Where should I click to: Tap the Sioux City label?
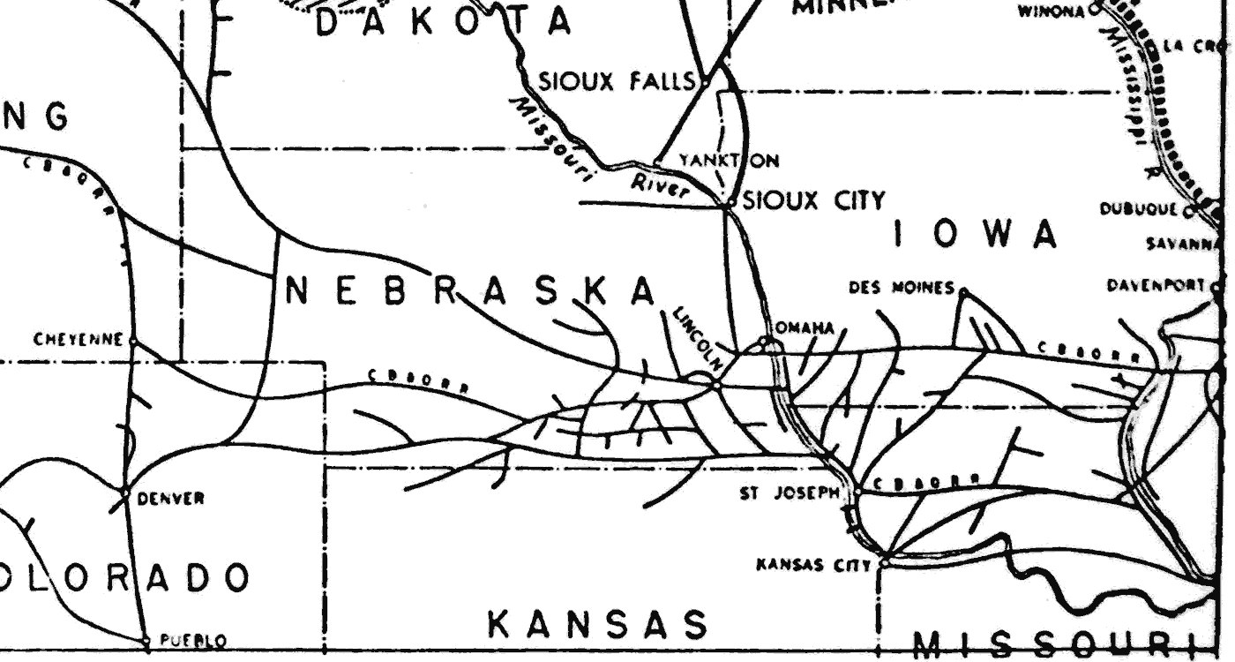(x=813, y=201)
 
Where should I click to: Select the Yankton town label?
(x=729, y=161)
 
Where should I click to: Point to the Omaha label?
(x=805, y=327)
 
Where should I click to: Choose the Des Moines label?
(x=901, y=288)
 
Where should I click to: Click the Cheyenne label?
(x=79, y=340)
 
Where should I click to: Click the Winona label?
(x=1052, y=11)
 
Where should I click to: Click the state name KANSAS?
(x=598, y=624)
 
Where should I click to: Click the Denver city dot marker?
(x=124, y=490)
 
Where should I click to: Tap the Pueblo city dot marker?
(x=146, y=639)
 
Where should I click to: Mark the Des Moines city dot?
(x=963, y=290)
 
